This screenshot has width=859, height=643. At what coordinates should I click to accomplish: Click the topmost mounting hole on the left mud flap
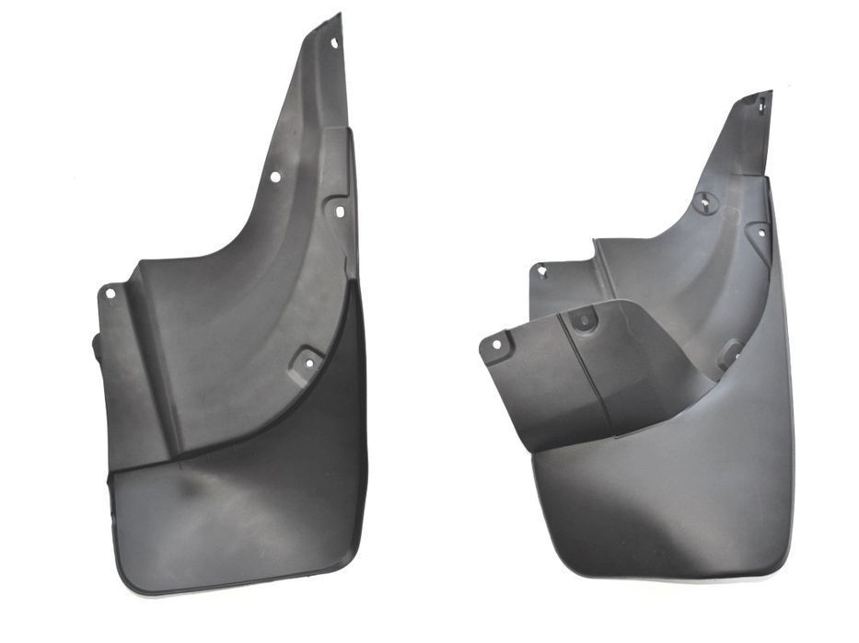[334, 42]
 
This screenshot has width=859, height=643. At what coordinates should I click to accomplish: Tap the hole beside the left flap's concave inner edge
[275, 177]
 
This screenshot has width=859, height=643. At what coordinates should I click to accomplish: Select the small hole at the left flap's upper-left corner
[110, 293]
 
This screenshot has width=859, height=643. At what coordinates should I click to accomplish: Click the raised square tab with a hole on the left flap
[308, 362]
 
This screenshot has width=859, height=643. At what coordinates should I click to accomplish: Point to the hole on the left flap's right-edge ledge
[339, 212]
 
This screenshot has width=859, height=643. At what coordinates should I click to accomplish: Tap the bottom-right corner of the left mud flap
[361, 563]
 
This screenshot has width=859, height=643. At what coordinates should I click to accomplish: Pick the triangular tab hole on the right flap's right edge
[760, 233]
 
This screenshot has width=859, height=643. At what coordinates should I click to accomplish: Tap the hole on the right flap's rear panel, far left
[542, 271]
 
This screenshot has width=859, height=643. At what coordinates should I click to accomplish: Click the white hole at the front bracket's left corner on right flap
[496, 345]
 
